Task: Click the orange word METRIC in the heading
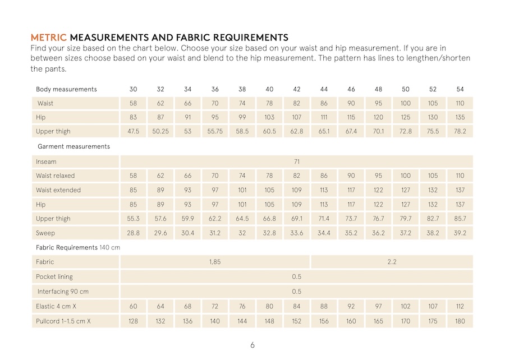point(49,38)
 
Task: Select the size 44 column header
point(324,89)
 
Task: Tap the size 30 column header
point(133,89)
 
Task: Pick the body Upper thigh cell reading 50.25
point(160,132)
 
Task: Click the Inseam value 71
point(297,161)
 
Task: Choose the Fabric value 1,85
point(215,262)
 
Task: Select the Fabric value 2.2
point(392,262)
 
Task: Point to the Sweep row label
point(45,233)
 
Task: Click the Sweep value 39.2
point(460,233)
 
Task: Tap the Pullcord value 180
point(460,321)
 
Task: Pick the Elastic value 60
point(133,307)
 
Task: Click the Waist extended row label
point(58,190)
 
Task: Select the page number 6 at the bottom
point(252,345)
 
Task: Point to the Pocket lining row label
point(54,276)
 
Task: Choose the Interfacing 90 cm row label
point(63,292)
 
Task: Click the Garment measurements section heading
point(74,146)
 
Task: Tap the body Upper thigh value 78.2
point(460,132)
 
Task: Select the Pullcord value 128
point(133,321)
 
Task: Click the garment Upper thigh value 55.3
point(133,219)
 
